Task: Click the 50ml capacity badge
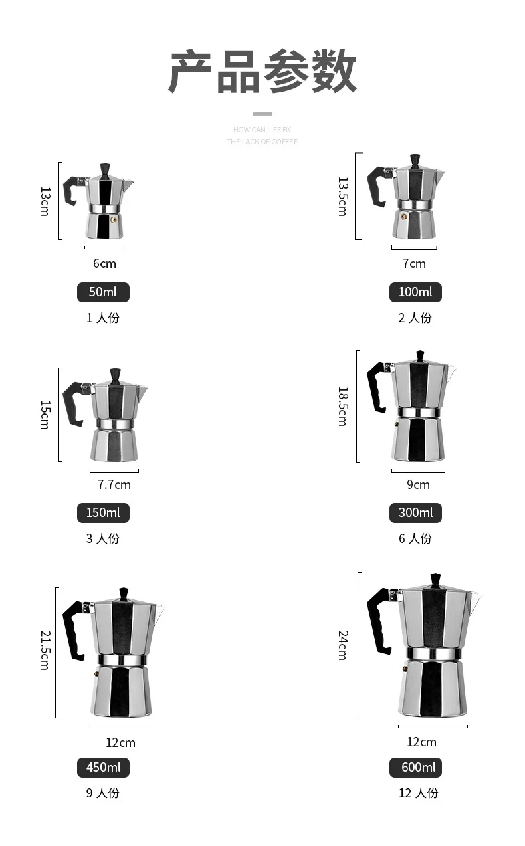point(103,292)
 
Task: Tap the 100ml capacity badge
point(415,292)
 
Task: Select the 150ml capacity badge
point(103,513)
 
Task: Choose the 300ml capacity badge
point(415,513)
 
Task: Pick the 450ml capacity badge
point(103,768)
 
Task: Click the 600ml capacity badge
point(415,768)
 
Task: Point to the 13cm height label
point(45,201)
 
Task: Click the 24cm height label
point(342,645)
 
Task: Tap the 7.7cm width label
point(114,484)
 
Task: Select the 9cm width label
point(418,484)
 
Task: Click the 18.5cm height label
point(342,406)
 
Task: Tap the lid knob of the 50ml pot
point(105,169)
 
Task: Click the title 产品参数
point(262,72)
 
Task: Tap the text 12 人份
point(418,793)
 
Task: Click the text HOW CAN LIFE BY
point(262,130)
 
